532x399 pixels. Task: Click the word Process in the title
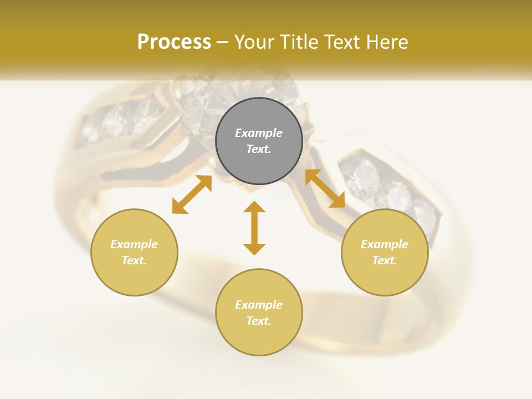(174, 42)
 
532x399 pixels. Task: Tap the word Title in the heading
(299, 42)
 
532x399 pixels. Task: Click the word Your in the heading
(254, 42)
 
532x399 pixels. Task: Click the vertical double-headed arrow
(254, 228)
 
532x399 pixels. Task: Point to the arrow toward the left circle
(192, 195)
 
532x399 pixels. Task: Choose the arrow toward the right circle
(325, 188)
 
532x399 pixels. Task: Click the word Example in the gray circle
(259, 133)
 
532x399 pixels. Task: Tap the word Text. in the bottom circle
(259, 321)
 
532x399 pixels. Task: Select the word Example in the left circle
(134, 244)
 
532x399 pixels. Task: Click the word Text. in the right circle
(385, 260)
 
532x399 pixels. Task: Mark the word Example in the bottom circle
(259, 305)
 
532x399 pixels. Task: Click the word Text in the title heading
(343, 42)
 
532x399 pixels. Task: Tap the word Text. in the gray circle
(259, 149)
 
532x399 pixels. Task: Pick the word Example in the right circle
(385, 244)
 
